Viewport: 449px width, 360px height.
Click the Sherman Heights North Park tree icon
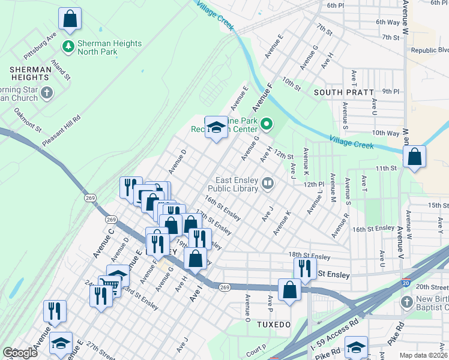coord(68,46)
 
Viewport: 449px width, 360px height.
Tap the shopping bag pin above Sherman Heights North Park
coord(70,19)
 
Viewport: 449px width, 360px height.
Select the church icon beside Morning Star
coord(47,93)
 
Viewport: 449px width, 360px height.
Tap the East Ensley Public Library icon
coord(268,182)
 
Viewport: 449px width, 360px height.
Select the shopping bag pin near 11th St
coord(414,157)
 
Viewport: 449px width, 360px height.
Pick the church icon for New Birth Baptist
coord(406,301)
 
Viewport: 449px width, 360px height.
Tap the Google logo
coord(20,353)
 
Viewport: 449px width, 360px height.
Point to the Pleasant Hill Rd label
coord(61,131)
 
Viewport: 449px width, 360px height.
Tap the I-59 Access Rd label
coord(330,340)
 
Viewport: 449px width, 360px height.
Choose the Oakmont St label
coord(28,121)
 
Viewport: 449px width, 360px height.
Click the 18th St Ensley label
coord(309,257)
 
